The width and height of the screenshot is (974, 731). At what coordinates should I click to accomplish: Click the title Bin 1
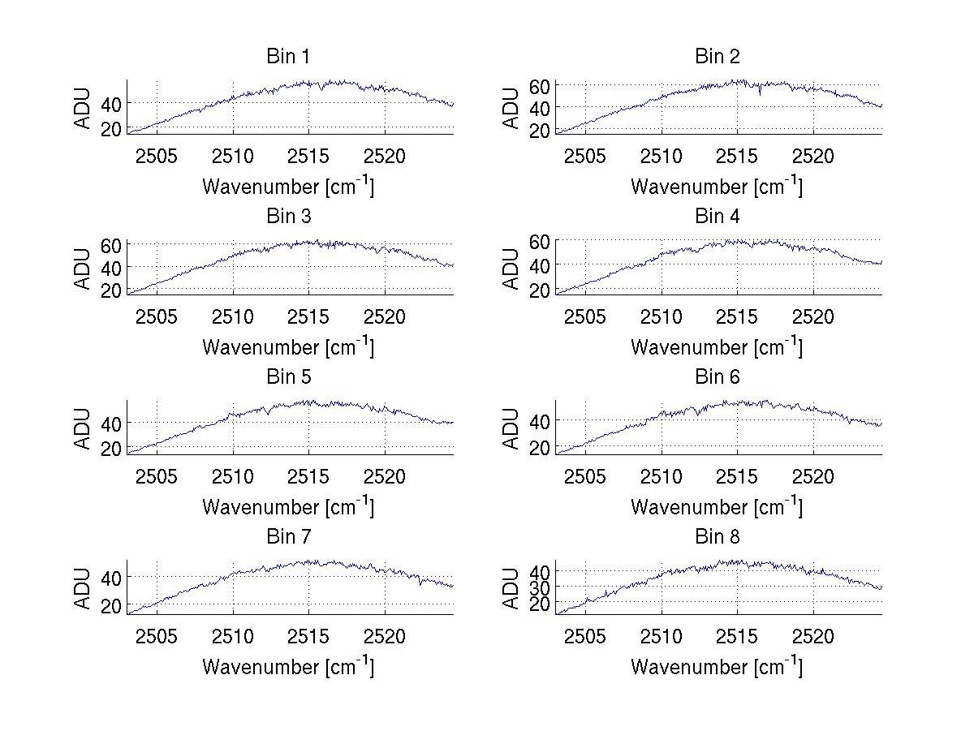point(288,57)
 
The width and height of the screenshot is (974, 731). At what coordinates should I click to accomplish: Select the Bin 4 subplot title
point(718,217)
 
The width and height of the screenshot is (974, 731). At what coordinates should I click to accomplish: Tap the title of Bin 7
point(288,537)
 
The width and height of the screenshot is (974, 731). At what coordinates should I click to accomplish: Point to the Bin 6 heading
point(718,377)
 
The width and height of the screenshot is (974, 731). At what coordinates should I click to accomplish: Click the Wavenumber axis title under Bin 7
point(288,666)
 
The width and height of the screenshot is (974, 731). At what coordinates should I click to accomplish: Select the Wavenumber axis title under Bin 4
point(718,346)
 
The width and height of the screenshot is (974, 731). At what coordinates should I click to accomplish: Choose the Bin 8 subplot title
point(718,537)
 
